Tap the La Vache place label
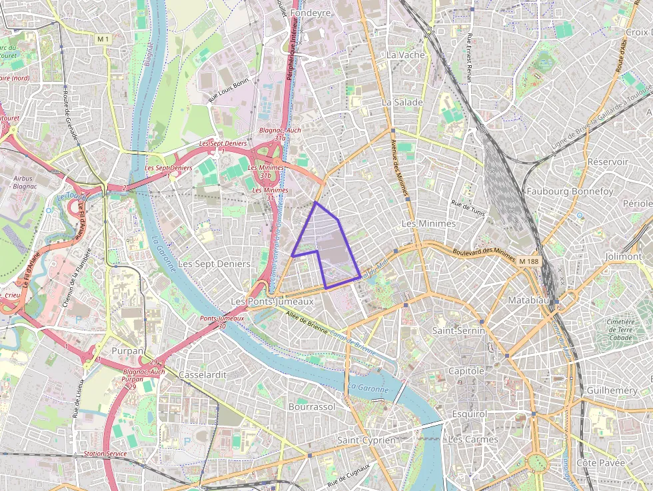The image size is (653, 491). tap(405, 55)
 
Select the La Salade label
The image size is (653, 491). tap(402, 103)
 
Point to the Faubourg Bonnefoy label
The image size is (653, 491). tap(570, 191)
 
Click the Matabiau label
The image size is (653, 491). tap(529, 300)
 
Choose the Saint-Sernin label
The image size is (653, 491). tap(459, 330)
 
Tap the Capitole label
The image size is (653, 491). tap(466, 370)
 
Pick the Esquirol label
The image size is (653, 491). tap(468, 414)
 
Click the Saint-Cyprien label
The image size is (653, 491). tap(366, 440)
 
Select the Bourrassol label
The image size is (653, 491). tap(312, 406)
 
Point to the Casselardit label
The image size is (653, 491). tap(203, 375)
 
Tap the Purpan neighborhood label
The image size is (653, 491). tap(127, 350)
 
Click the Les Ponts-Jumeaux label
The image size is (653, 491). tap(271, 302)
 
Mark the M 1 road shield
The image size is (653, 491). tap(103, 39)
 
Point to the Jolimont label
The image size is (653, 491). tap(623, 256)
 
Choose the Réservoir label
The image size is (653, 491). tap(608, 162)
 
